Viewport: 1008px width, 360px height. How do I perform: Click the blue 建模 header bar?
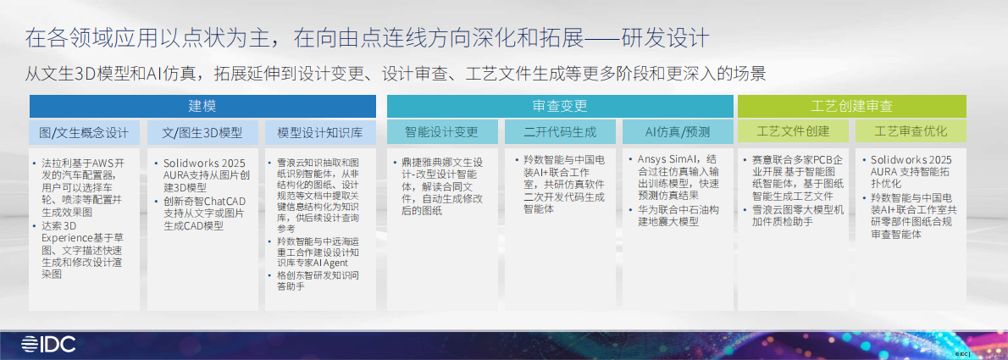(x=202, y=106)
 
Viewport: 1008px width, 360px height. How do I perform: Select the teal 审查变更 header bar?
(x=560, y=106)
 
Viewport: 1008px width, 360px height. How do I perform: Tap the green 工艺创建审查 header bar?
(x=851, y=106)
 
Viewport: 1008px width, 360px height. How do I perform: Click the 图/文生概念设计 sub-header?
(x=84, y=132)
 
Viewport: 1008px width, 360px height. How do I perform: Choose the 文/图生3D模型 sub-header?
(x=202, y=132)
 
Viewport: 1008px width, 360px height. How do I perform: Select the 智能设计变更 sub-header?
(x=441, y=132)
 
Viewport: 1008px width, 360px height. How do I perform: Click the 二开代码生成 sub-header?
(x=560, y=132)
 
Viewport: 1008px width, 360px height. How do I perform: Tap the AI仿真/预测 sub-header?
(x=678, y=132)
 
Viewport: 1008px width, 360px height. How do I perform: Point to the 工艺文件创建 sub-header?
(x=793, y=132)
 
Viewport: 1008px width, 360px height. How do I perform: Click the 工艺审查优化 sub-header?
(x=911, y=132)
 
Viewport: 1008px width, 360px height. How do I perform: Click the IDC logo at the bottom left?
(x=49, y=345)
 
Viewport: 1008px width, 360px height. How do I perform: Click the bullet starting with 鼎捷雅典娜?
(x=440, y=186)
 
